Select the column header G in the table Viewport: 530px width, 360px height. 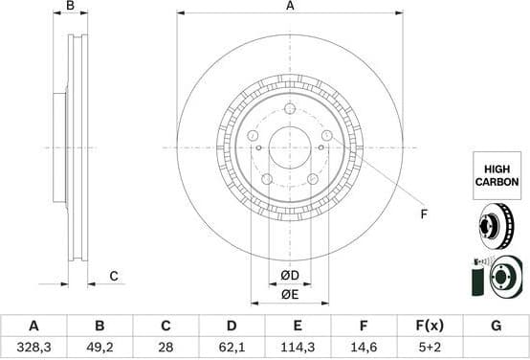496,326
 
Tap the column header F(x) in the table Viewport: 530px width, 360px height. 430,326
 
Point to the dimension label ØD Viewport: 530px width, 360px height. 289,277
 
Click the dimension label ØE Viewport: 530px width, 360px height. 289,294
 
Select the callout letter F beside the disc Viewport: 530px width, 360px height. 424,214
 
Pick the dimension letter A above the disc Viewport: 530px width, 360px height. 290,7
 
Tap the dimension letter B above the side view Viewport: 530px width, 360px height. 71,7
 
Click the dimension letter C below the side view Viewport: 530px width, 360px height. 113,277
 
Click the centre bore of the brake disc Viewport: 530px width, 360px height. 290,146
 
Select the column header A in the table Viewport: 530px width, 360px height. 34,326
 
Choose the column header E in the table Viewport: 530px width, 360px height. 298,326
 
